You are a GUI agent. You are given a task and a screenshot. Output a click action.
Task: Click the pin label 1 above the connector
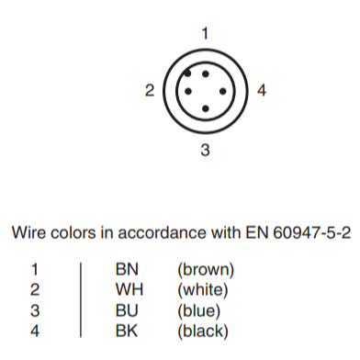click(x=205, y=34)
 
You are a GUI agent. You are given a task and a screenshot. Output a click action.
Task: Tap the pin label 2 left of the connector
click(x=149, y=91)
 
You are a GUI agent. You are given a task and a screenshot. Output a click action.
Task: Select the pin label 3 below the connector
click(x=205, y=148)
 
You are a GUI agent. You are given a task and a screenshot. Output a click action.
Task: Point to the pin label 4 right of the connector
click(x=262, y=91)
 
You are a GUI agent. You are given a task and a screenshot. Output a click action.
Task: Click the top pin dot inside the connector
click(x=205, y=73)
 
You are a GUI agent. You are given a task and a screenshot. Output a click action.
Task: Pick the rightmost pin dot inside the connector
click(x=222, y=91)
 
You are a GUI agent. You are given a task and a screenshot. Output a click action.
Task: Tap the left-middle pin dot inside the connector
click(x=188, y=91)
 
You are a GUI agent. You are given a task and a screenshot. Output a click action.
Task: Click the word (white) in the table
click(x=203, y=286)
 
